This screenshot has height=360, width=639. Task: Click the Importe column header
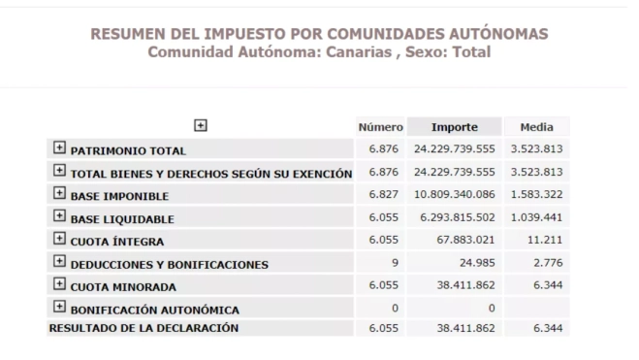(455, 127)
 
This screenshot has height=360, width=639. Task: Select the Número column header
(381, 127)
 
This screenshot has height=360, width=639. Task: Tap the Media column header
(536, 127)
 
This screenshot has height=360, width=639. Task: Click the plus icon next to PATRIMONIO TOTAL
(58, 149)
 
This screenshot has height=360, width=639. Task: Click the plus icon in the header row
(201, 125)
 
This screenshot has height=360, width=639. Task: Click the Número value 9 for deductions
(395, 263)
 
